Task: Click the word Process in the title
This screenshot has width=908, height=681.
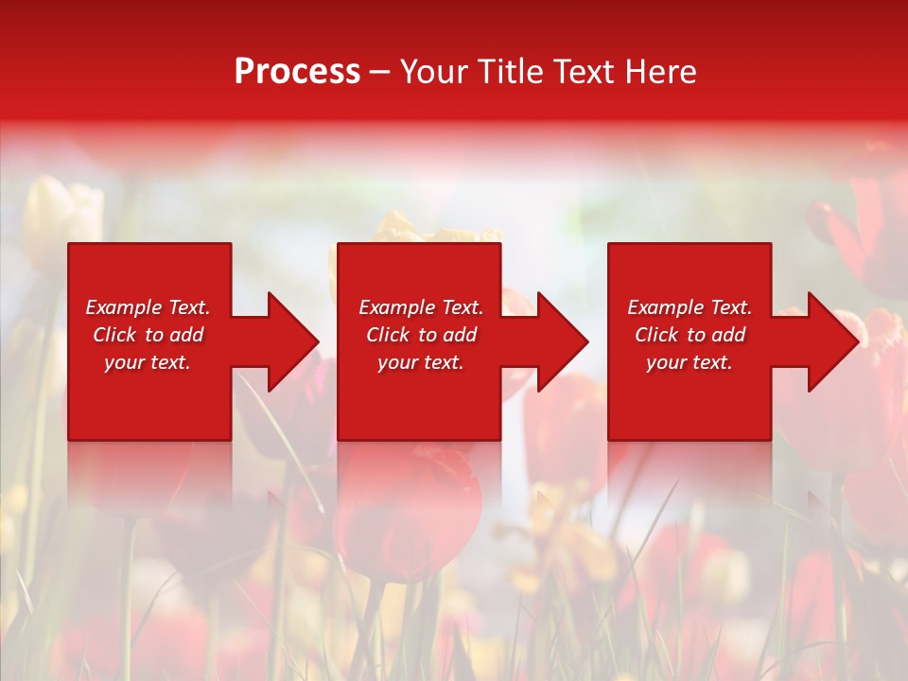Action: click(297, 72)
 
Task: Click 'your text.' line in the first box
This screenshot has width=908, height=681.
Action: click(148, 362)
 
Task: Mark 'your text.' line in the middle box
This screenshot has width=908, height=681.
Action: click(421, 362)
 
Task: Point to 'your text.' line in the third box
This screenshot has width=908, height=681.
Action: click(690, 362)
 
